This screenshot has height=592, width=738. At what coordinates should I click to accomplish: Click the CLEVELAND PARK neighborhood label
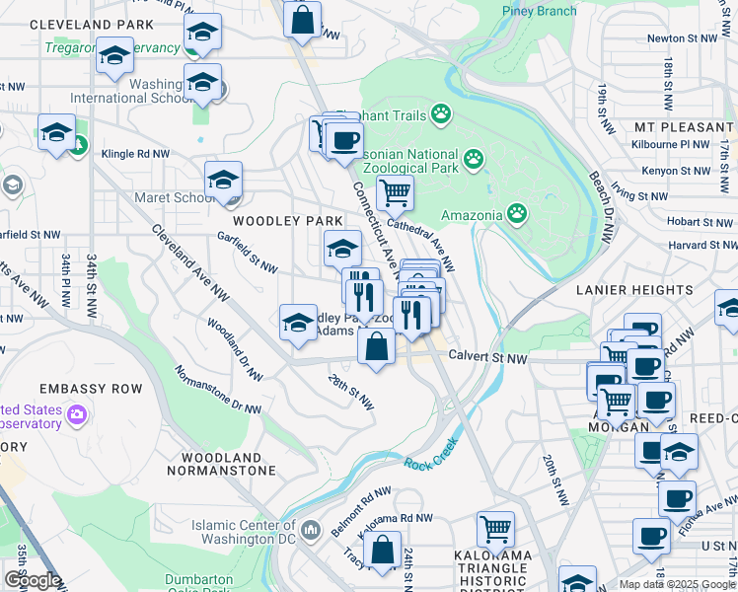[x=92, y=24]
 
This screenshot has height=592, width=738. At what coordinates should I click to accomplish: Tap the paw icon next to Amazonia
[x=516, y=213]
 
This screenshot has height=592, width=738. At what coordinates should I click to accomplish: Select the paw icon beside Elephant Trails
[x=440, y=116]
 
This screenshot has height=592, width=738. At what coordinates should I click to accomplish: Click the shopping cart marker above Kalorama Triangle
[x=495, y=528]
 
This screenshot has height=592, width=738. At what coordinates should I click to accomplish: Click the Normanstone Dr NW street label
[x=217, y=389]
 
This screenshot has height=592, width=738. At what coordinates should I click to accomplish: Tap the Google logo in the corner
[x=33, y=580]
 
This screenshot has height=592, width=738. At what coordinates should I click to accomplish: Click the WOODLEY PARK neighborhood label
[x=287, y=220]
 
